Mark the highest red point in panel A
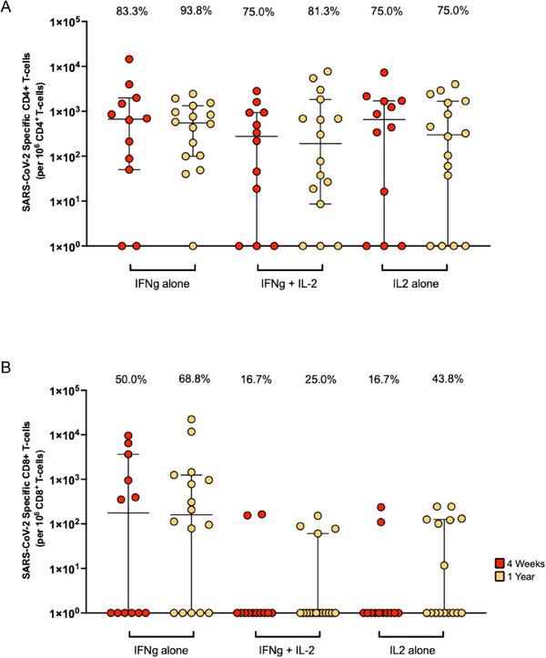pyautogui.click(x=130, y=59)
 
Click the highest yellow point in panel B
pyautogui.click(x=192, y=420)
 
